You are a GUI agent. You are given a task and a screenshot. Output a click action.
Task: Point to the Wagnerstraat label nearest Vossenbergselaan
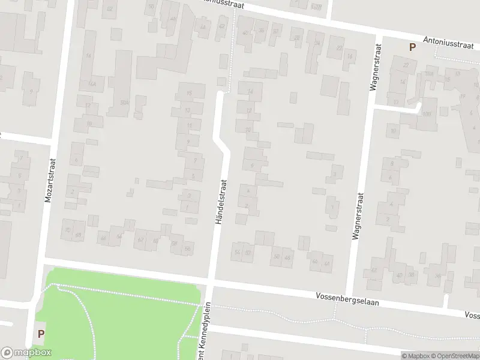pos(357,216)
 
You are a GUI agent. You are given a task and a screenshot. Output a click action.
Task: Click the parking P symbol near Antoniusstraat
pos(412,47)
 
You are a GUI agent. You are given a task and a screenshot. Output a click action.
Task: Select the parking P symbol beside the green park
pos(41,334)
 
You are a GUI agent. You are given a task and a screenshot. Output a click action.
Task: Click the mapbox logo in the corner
pos(26,353)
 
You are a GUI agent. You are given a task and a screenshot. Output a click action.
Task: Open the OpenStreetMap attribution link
pos(454,356)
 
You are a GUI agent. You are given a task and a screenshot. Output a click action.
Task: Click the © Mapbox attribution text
pos(415,356)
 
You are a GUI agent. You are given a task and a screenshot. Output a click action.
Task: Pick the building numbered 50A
pos(124,103)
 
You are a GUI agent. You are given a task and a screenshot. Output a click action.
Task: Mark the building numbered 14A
pos(92,84)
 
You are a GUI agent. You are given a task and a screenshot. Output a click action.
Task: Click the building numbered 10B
pos(427,113)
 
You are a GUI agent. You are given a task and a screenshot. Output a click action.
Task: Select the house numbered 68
pos(78,233)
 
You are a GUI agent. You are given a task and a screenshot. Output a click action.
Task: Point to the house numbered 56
pos(188,248)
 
